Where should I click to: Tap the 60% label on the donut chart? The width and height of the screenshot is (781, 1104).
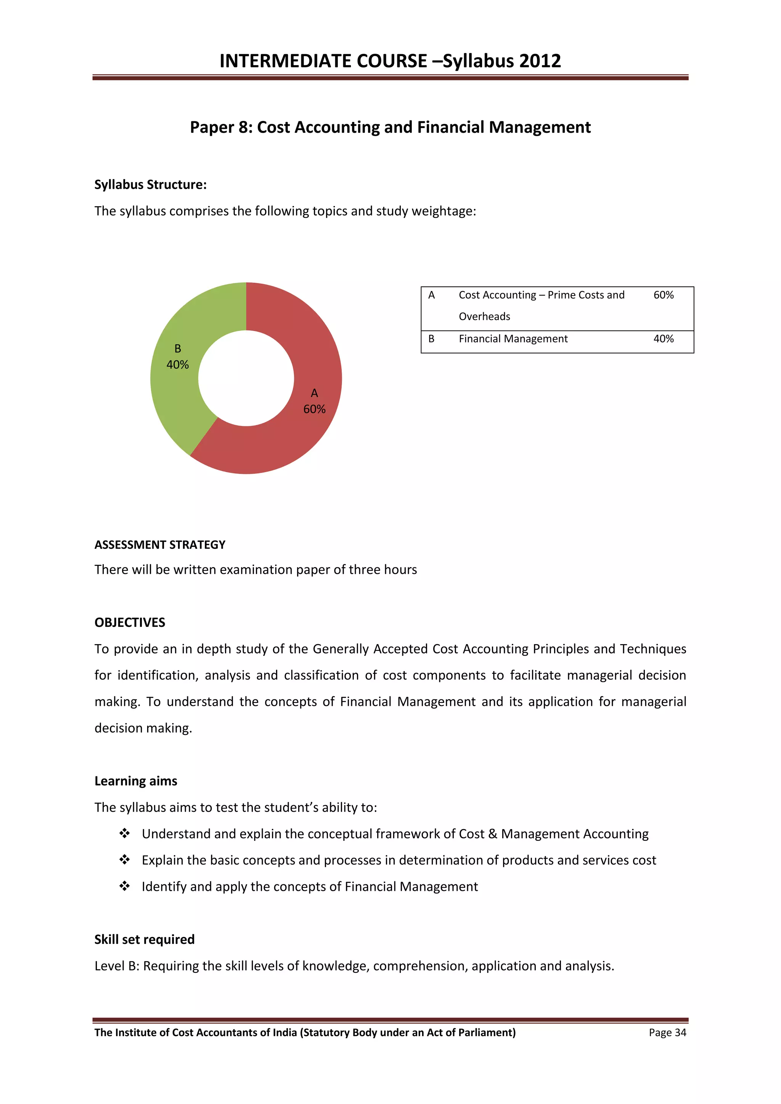(x=314, y=409)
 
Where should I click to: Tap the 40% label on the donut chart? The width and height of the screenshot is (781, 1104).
(x=177, y=365)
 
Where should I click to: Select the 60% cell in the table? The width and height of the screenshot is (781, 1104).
(x=663, y=295)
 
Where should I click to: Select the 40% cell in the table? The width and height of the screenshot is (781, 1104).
(x=663, y=339)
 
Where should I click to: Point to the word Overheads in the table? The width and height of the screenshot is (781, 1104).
(x=484, y=317)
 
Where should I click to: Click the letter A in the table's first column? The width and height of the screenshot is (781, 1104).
(x=431, y=295)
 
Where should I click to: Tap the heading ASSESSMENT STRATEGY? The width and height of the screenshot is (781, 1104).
(x=160, y=545)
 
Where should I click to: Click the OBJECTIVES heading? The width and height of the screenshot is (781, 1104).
(x=130, y=623)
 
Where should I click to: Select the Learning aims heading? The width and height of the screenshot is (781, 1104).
(x=136, y=781)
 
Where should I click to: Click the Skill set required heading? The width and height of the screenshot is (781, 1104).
(x=144, y=940)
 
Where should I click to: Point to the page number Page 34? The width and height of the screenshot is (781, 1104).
(x=667, y=1033)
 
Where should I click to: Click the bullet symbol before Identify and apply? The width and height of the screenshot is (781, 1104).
(x=125, y=886)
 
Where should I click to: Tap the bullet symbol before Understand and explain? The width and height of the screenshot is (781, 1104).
(x=125, y=833)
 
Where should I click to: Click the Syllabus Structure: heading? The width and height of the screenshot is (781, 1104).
(x=150, y=185)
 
